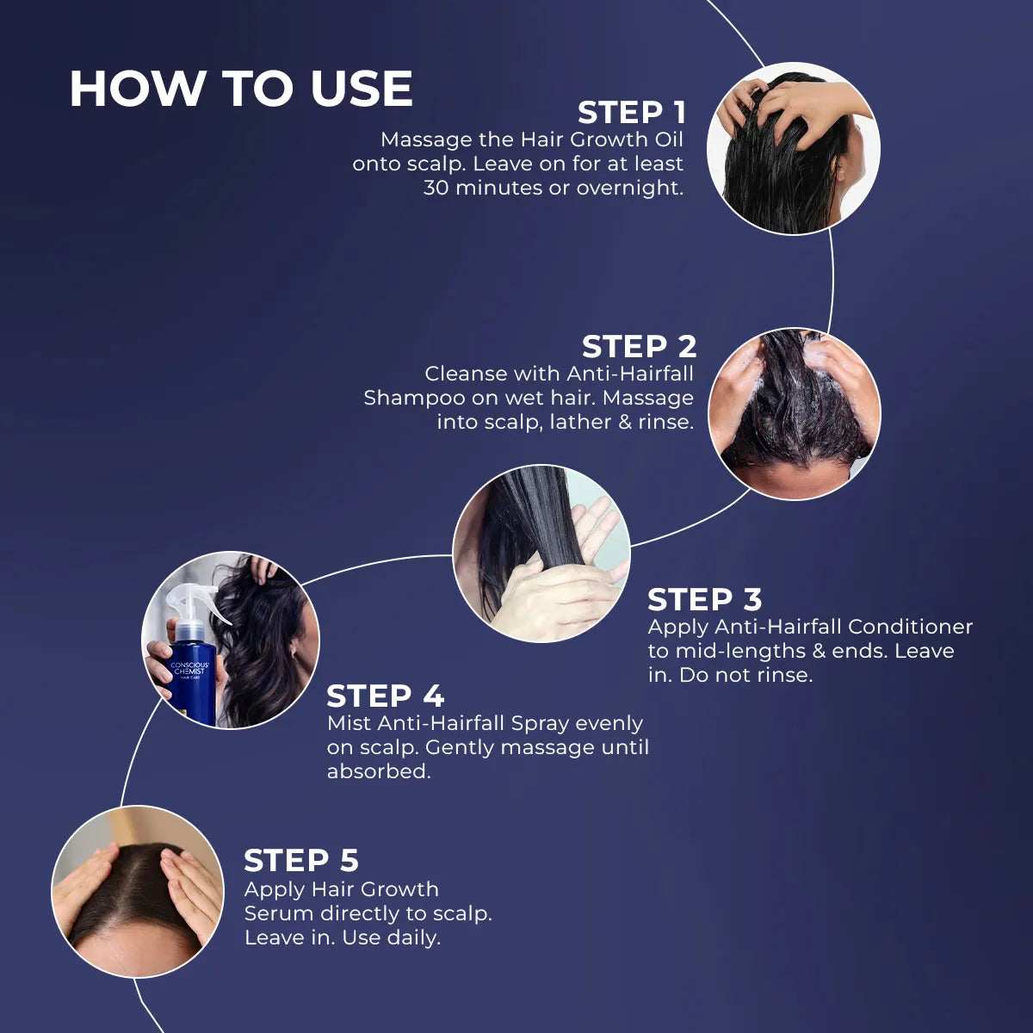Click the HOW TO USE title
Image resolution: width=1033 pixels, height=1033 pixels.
click(241, 89)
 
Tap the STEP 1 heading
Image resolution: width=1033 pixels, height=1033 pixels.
click(631, 113)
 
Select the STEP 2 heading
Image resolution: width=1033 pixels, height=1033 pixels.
click(639, 347)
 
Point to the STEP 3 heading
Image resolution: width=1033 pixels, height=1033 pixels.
click(704, 599)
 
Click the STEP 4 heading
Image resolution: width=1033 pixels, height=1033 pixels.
click(385, 696)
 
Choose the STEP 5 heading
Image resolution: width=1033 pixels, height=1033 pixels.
click(300, 861)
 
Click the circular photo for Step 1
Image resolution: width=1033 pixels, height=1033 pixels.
click(793, 148)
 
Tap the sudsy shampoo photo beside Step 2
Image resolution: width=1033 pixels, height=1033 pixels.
click(794, 413)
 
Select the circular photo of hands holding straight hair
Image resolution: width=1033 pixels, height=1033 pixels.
click(541, 554)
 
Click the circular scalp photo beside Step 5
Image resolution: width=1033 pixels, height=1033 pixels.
click(138, 892)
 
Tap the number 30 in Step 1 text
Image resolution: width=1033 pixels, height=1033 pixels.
click(436, 188)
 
